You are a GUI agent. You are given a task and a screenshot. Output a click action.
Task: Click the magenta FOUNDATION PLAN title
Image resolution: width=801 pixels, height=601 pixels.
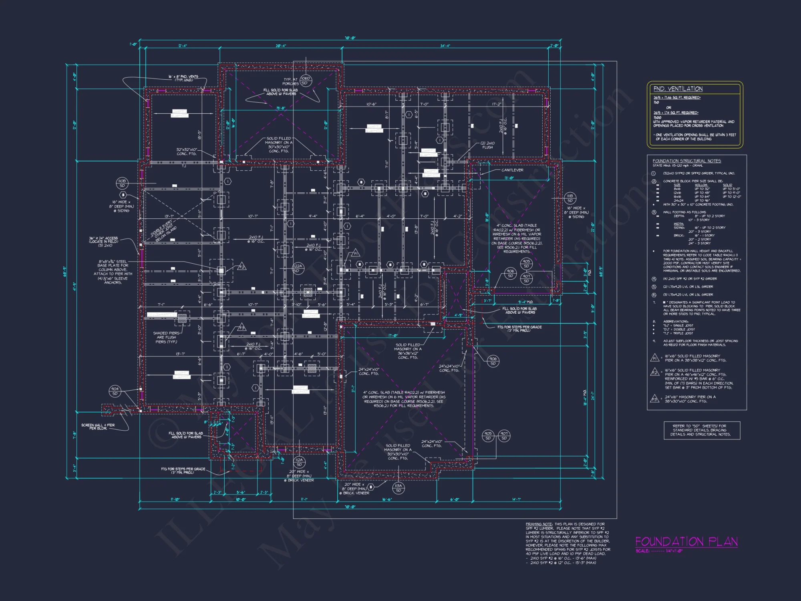coord(686,542)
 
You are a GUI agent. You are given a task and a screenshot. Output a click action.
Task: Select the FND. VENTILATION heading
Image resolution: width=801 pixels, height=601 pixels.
coord(678,89)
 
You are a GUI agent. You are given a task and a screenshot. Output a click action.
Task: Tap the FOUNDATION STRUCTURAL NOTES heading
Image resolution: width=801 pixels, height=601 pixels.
coord(686,161)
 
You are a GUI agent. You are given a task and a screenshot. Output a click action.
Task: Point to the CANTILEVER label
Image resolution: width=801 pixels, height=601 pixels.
coord(512,170)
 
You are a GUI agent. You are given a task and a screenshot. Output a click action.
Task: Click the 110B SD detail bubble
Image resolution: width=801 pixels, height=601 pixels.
coord(122,183)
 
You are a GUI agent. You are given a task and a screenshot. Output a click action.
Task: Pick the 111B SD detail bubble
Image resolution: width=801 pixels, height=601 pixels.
coord(570,198)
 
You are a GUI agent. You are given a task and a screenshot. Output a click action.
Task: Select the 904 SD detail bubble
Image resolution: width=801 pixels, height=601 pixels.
coord(115,391)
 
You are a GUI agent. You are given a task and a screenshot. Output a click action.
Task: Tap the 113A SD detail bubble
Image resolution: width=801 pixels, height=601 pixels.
coord(398,488)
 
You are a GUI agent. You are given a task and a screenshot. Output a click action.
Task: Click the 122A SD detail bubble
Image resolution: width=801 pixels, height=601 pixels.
coord(298,268)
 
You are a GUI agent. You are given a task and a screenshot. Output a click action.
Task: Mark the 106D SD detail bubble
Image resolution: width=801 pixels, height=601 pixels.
coord(305,81)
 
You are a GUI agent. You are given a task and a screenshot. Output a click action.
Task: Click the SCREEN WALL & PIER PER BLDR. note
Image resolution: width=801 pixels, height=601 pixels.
coord(98,427)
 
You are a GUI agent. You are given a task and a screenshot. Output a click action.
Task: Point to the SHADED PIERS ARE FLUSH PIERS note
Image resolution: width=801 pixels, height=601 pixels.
coord(166,337)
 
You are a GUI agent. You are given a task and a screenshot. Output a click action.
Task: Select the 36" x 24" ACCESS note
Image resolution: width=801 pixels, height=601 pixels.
coord(103,241)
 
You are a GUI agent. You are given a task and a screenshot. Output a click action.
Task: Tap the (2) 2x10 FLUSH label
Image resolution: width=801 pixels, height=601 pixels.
coord(487,145)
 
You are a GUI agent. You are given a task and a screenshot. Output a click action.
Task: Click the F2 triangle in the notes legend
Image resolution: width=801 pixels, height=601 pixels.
coord(654,372)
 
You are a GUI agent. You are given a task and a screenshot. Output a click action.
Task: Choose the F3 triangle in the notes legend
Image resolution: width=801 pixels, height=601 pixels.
coord(654,399)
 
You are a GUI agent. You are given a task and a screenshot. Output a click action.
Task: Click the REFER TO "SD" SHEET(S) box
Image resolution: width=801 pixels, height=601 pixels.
coord(701,430)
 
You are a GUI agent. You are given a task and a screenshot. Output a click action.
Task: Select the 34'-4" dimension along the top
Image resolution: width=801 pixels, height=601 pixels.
coord(445,46)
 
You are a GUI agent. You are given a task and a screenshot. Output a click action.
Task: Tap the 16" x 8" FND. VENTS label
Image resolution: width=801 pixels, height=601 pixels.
coord(183,78)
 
